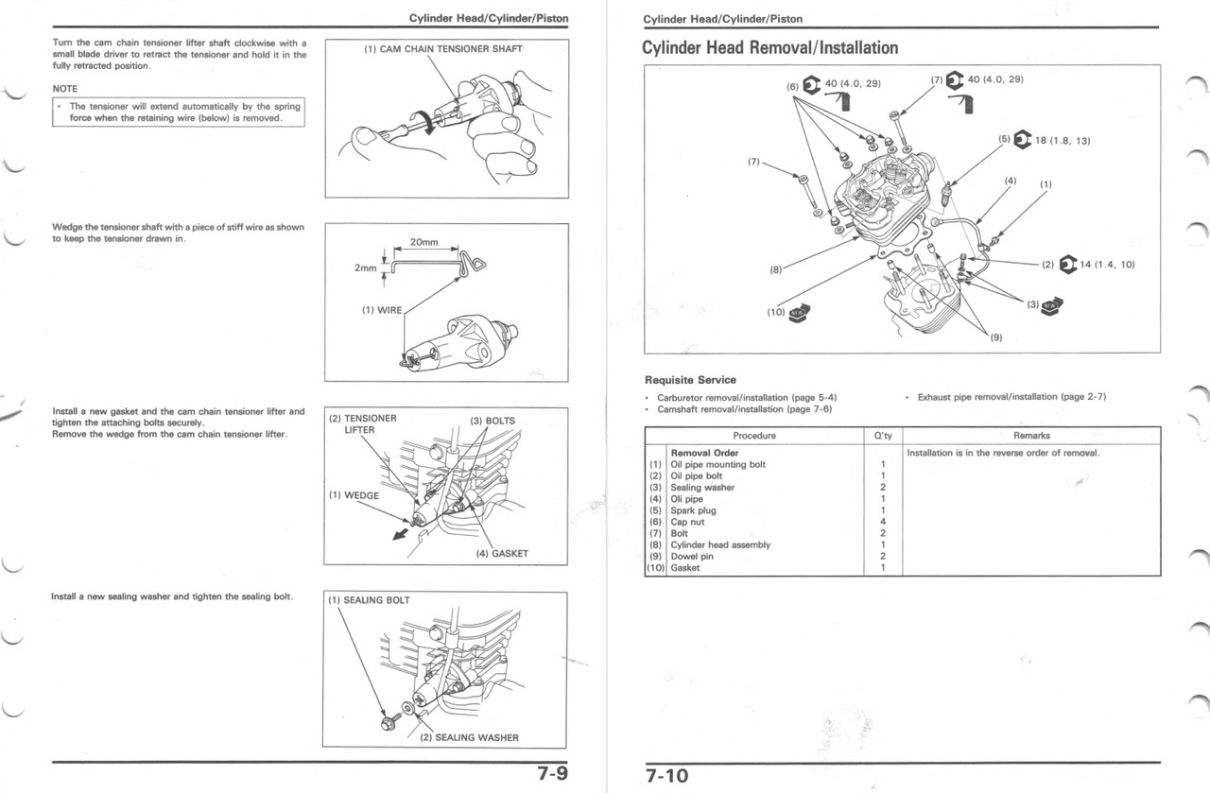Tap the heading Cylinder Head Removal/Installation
click(x=769, y=47)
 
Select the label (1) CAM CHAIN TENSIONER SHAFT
click(x=443, y=49)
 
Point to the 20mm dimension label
click(x=423, y=243)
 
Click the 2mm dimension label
click(x=365, y=268)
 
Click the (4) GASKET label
click(x=502, y=554)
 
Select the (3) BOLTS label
click(x=493, y=421)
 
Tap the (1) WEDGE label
click(x=354, y=495)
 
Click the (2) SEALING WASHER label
click(x=469, y=737)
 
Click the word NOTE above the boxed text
click(x=65, y=89)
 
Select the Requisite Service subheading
click(x=690, y=380)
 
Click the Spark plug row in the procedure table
click(x=693, y=510)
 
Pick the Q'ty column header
click(x=882, y=436)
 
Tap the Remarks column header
click(x=1030, y=436)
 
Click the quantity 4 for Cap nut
click(x=882, y=522)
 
